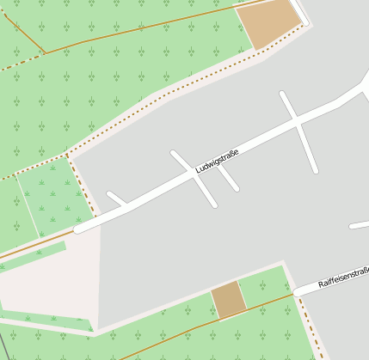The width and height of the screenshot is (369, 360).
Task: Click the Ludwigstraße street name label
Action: [x=216, y=162]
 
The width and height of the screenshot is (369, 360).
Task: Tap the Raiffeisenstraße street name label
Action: [x=343, y=278]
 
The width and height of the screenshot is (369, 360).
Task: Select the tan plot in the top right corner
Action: [x=268, y=24]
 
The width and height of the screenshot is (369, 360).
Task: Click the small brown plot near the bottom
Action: [x=229, y=300]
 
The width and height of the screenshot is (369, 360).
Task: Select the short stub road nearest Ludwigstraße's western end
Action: [x=117, y=198]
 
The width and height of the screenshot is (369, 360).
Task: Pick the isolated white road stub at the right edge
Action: [x=360, y=225]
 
